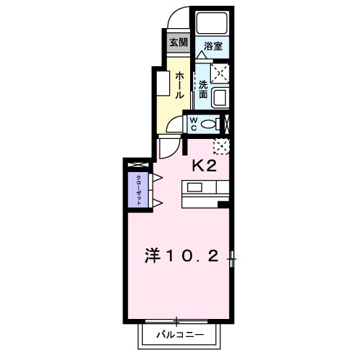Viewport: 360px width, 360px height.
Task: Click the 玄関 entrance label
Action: (178, 42)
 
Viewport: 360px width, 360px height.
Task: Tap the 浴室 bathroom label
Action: (212, 45)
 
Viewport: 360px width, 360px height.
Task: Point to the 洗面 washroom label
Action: (203, 88)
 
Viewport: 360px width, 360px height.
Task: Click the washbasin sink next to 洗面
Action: (221, 96)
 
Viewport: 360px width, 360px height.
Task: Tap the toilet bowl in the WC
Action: (210, 124)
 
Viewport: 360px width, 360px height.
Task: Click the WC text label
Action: (193, 124)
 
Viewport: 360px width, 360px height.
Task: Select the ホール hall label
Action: (179, 84)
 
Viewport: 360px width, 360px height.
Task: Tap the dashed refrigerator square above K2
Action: (222, 146)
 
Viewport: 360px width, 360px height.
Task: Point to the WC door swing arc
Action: (173, 127)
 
